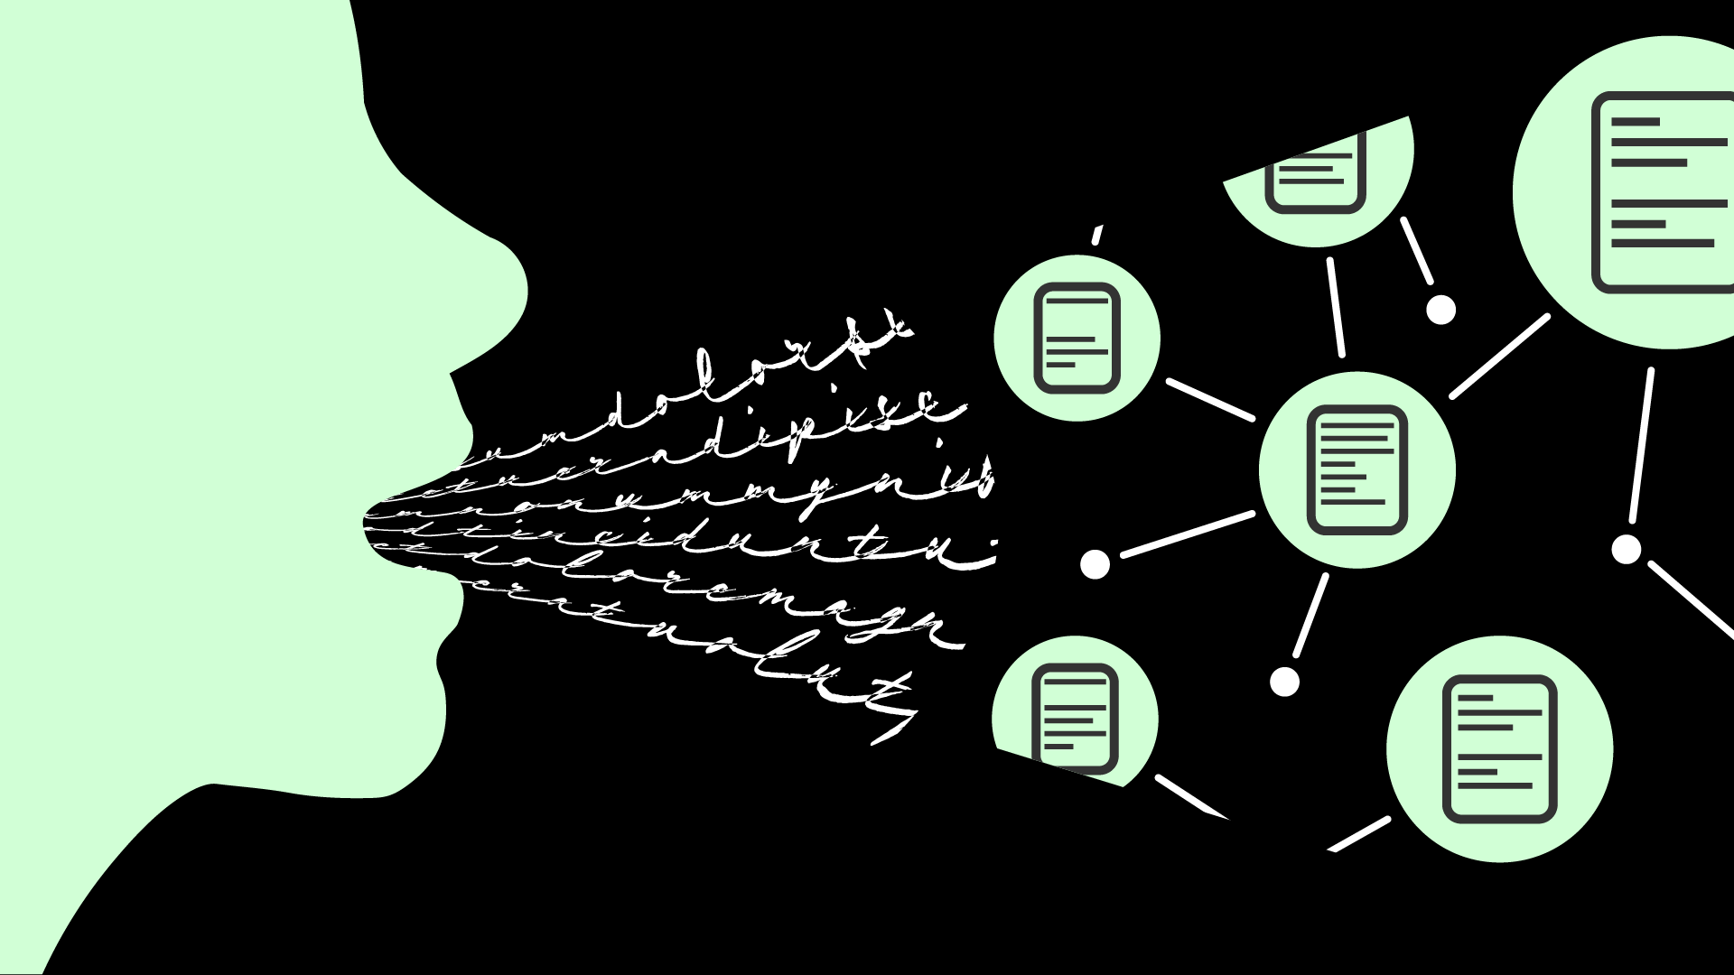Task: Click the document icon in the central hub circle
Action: pos(1357,469)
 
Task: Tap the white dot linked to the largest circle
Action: pos(1627,549)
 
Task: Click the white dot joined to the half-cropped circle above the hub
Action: pos(1440,310)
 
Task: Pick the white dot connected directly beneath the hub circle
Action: pos(1284,682)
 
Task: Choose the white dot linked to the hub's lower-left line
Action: pos(1095,564)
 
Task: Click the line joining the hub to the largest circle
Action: pos(1499,356)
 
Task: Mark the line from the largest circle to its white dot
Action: pos(1642,446)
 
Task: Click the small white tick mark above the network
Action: pos(1097,235)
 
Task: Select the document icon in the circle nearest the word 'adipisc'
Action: pos(1076,338)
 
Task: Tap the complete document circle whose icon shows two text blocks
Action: pos(1500,748)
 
